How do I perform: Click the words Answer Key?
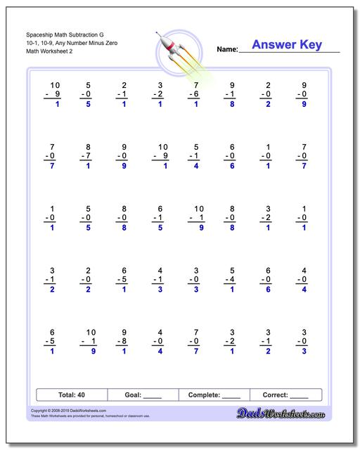(x=286, y=45)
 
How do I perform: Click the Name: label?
(x=226, y=50)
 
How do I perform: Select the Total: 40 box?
(x=72, y=394)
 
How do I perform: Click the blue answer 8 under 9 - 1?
(x=231, y=104)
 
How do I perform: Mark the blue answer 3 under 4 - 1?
(x=160, y=289)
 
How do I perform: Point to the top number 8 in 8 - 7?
(x=89, y=146)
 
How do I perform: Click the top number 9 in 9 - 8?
(x=124, y=331)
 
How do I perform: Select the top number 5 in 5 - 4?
(x=231, y=269)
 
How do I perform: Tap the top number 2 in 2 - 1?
(x=124, y=84)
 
